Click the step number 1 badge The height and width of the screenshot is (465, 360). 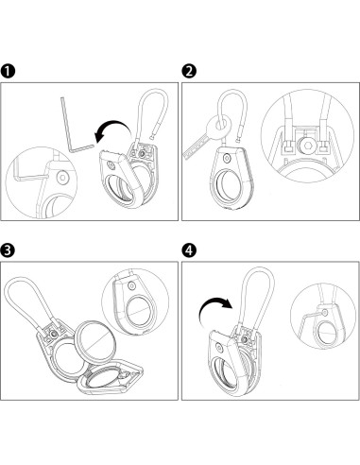pyautogui.click(x=8, y=71)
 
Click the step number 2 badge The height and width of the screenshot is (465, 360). pyautogui.click(x=189, y=71)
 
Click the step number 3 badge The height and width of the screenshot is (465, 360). pyautogui.click(x=8, y=250)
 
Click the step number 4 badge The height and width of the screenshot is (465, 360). pyautogui.click(x=189, y=250)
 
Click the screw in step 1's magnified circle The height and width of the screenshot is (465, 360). pyautogui.click(x=63, y=178)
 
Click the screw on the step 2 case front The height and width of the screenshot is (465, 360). pyautogui.click(x=226, y=158)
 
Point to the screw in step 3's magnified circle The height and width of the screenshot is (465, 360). pyautogui.click(x=131, y=285)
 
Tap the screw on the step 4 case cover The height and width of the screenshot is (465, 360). pyautogui.click(x=219, y=348)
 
